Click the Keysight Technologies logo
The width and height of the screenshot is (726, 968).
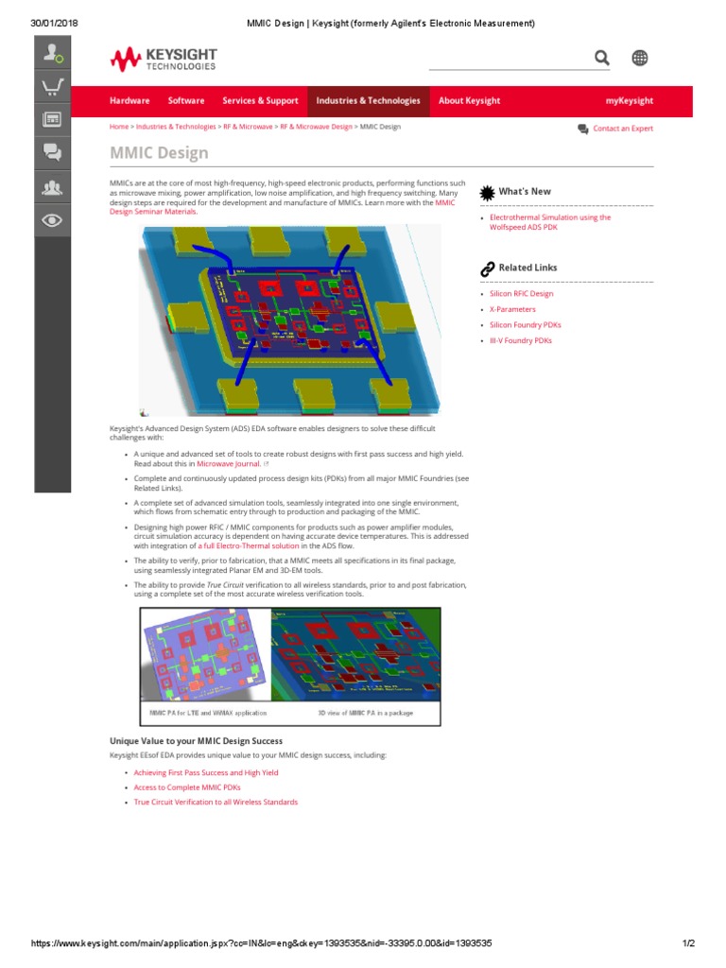pyautogui.click(x=164, y=60)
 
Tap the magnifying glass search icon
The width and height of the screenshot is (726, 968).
pyautogui.click(x=602, y=59)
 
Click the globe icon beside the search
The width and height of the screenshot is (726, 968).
pyautogui.click(x=640, y=59)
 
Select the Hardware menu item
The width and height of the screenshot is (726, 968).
pyautogui.click(x=130, y=101)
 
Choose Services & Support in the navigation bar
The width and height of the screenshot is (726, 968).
pyautogui.click(x=260, y=101)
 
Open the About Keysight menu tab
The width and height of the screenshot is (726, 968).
pyautogui.click(x=470, y=101)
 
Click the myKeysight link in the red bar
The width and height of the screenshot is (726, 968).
pyautogui.click(x=630, y=101)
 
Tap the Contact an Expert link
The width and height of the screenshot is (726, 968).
pyautogui.click(x=622, y=129)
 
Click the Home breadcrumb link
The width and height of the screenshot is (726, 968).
pyautogui.click(x=119, y=127)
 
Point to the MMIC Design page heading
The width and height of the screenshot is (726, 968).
pyautogui.click(x=160, y=153)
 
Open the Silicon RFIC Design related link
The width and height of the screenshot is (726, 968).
pyautogui.click(x=521, y=294)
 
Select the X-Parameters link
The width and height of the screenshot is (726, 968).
pyautogui.click(x=512, y=309)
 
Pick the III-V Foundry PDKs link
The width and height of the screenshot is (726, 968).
pyautogui.click(x=520, y=340)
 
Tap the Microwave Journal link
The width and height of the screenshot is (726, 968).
pyautogui.click(x=228, y=464)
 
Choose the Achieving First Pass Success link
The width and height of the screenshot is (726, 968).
pyautogui.click(x=188, y=772)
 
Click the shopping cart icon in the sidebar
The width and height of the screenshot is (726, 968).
pyautogui.click(x=53, y=88)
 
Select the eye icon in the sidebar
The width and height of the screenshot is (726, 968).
pyautogui.click(x=53, y=220)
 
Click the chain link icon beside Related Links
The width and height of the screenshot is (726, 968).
pyautogui.click(x=487, y=268)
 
